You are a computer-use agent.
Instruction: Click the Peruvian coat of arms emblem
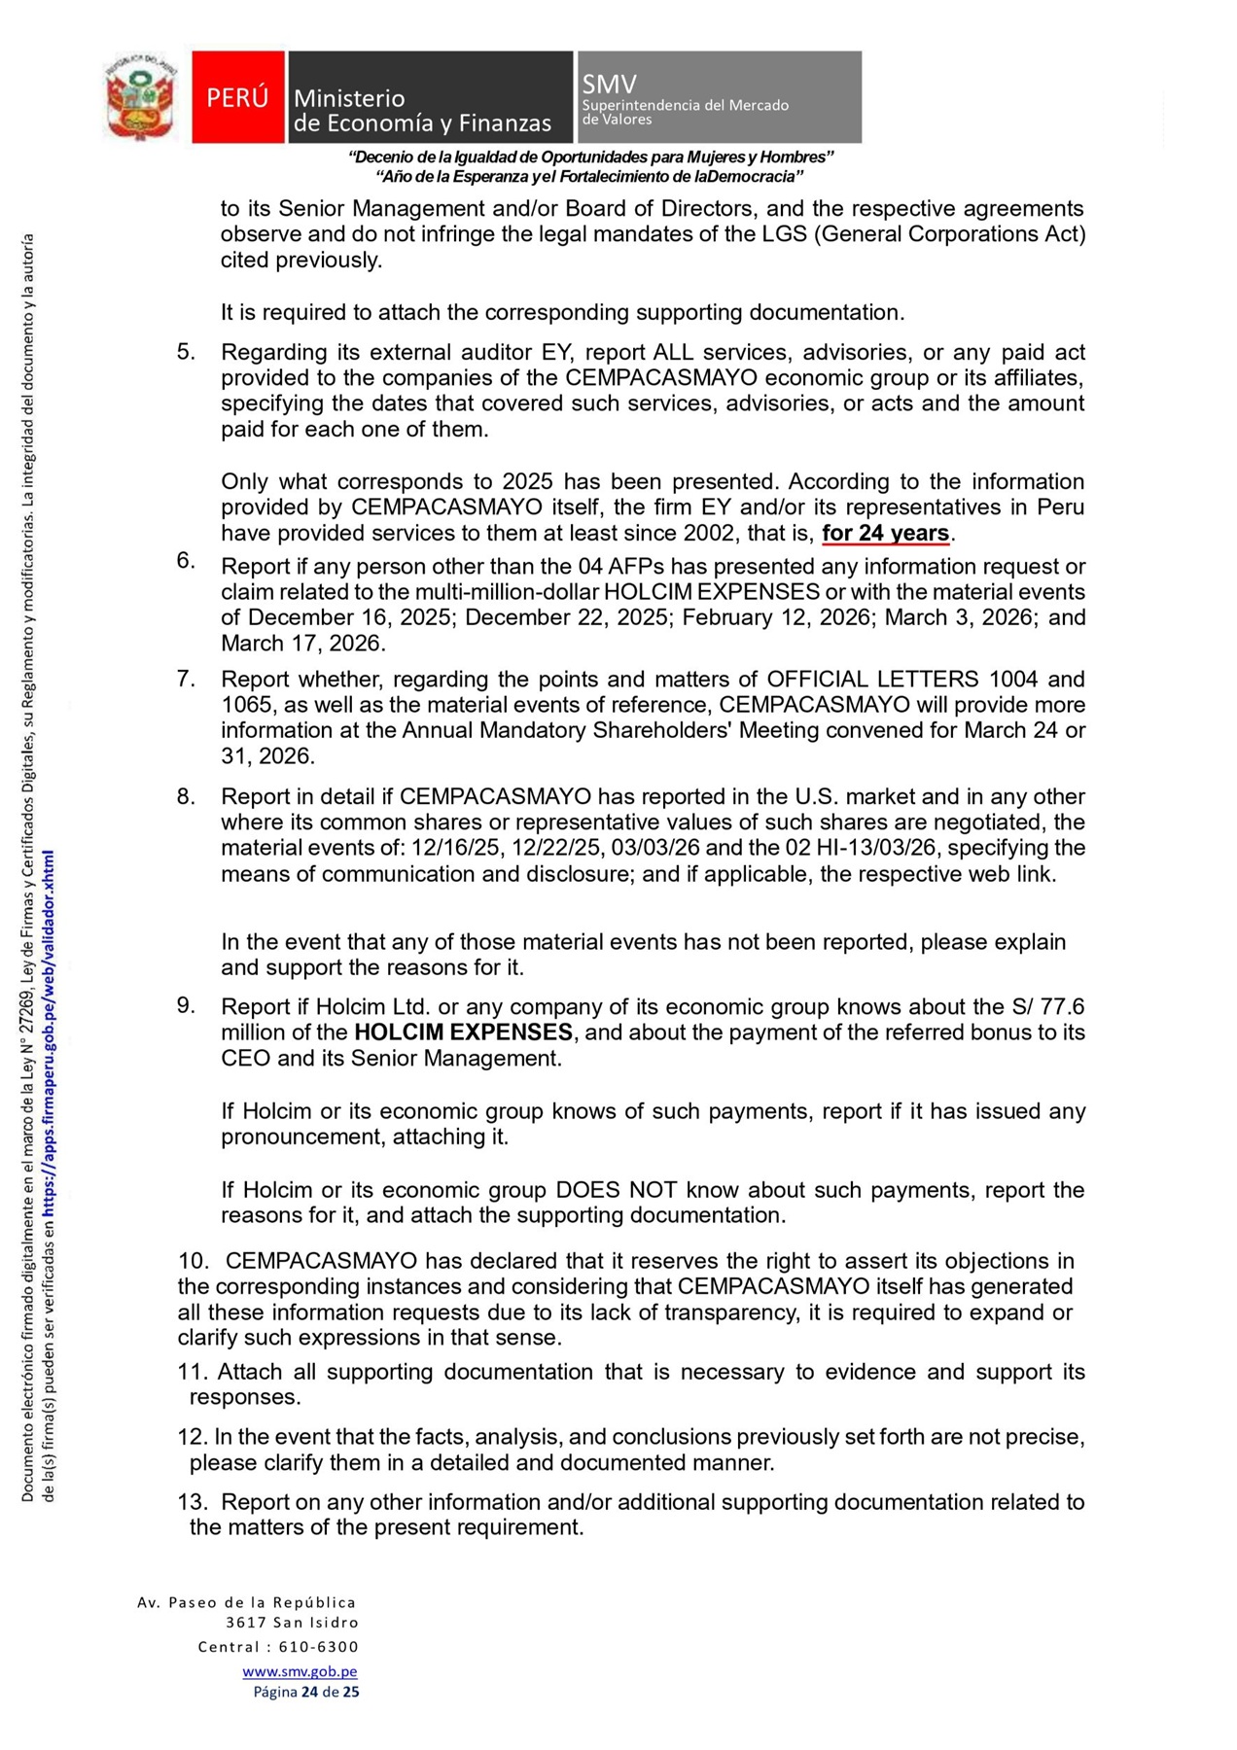[x=142, y=97]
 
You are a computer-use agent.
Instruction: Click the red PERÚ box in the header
[x=237, y=97]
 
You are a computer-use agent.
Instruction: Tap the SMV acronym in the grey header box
[x=609, y=85]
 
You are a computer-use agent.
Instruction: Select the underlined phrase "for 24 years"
[x=885, y=533]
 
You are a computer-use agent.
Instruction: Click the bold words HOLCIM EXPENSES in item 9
[x=463, y=1032]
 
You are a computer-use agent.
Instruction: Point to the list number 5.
[x=186, y=352]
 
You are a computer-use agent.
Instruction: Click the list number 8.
[x=186, y=796]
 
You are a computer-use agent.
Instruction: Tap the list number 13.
[x=192, y=1502]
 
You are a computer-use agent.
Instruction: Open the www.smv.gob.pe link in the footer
[x=300, y=1671]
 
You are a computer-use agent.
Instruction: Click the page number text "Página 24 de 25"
[x=305, y=1692]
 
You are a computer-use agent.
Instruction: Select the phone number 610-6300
[x=318, y=1647]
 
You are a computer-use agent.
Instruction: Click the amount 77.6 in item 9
[x=1062, y=1006]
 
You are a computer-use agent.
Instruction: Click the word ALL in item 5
[x=673, y=352]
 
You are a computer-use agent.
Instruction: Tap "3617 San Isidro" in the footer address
[x=292, y=1623]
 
